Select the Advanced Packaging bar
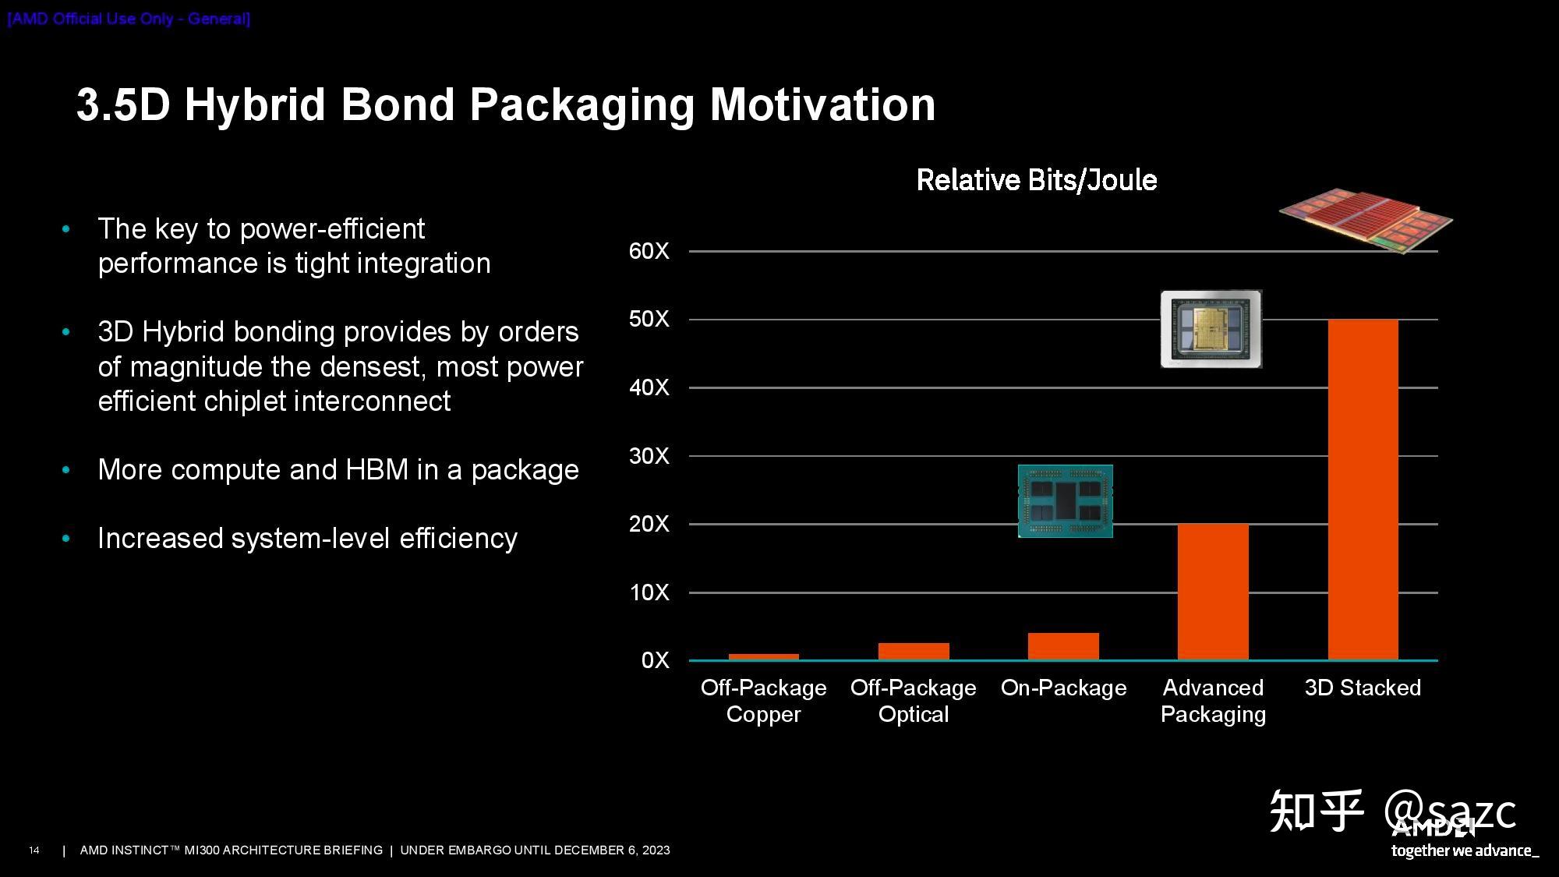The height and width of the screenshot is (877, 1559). pyautogui.click(x=1213, y=592)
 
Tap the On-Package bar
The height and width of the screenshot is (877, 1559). pyautogui.click(x=1063, y=647)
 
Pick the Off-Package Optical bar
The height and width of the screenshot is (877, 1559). pyautogui.click(x=914, y=652)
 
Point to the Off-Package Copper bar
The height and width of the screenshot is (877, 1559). pyautogui.click(x=763, y=656)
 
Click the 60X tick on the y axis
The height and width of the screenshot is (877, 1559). pyautogui.click(x=649, y=251)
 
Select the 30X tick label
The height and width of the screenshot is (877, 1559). pyautogui.click(x=649, y=456)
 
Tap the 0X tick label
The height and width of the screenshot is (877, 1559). pyautogui.click(x=655, y=660)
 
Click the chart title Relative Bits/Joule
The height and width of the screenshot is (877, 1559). pyautogui.click(x=1036, y=180)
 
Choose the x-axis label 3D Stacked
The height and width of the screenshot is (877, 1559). pyautogui.click(x=1363, y=688)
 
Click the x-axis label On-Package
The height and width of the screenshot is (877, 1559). pyautogui.click(x=1063, y=688)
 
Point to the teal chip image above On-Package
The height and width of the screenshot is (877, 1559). pyautogui.click(x=1065, y=501)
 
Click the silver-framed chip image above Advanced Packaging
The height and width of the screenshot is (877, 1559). pyautogui.click(x=1211, y=329)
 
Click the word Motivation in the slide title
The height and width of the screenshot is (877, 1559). pyautogui.click(x=822, y=105)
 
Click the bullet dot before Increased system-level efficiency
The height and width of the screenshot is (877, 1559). pyautogui.click(x=66, y=539)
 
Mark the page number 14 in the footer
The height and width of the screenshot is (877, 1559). pyautogui.click(x=34, y=850)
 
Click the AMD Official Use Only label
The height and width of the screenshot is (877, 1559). pyautogui.click(x=129, y=19)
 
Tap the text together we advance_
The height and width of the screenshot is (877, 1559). pyautogui.click(x=1464, y=850)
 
